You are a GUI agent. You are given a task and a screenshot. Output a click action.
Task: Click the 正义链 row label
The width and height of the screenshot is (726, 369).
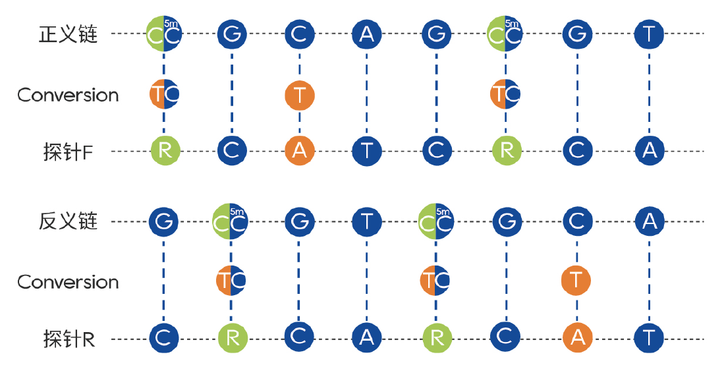pos(69,34)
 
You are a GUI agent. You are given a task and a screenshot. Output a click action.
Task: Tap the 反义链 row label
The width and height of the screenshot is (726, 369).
pos(69,221)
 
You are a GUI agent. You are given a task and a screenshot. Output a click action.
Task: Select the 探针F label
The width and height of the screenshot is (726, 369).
pos(66,152)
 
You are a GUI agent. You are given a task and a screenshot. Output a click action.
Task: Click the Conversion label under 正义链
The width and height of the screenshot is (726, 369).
pos(69,95)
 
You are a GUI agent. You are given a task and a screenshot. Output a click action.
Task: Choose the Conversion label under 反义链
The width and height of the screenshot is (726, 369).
pos(69,282)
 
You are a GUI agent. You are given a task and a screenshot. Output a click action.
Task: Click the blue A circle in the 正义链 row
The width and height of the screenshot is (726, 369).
pos(367,34)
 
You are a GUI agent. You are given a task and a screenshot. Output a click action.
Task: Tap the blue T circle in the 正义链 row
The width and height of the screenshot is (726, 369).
pos(649,34)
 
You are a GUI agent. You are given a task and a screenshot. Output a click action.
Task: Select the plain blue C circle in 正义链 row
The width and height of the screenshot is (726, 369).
pos(299,34)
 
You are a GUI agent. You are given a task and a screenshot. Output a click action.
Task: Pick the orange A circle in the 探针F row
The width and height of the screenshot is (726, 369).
pos(300,151)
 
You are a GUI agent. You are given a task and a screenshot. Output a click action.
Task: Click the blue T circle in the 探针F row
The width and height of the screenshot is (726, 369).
pos(367,151)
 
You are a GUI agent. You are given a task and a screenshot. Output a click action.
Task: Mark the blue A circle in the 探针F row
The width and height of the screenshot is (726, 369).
pos(649,151)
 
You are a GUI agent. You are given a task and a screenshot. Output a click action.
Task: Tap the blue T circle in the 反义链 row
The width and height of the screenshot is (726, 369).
pos(367,222)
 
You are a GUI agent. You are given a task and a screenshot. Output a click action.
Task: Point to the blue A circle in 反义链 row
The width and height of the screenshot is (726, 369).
pos(649,222)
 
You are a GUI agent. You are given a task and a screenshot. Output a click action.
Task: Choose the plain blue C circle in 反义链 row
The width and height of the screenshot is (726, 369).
pos(576,222)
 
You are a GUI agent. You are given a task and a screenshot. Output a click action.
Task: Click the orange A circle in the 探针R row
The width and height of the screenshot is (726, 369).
pos(577,338)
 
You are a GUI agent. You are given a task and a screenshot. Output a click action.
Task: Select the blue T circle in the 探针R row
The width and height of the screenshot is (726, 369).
pos(649,338)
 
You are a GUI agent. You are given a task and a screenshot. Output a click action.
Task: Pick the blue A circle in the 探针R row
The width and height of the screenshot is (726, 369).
pos(367,338)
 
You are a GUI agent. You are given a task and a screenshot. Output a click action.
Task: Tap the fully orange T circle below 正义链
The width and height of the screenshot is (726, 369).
pos(300,95)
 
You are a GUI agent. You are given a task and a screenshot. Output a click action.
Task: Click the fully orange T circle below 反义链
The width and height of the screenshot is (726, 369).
pos(576,281)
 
